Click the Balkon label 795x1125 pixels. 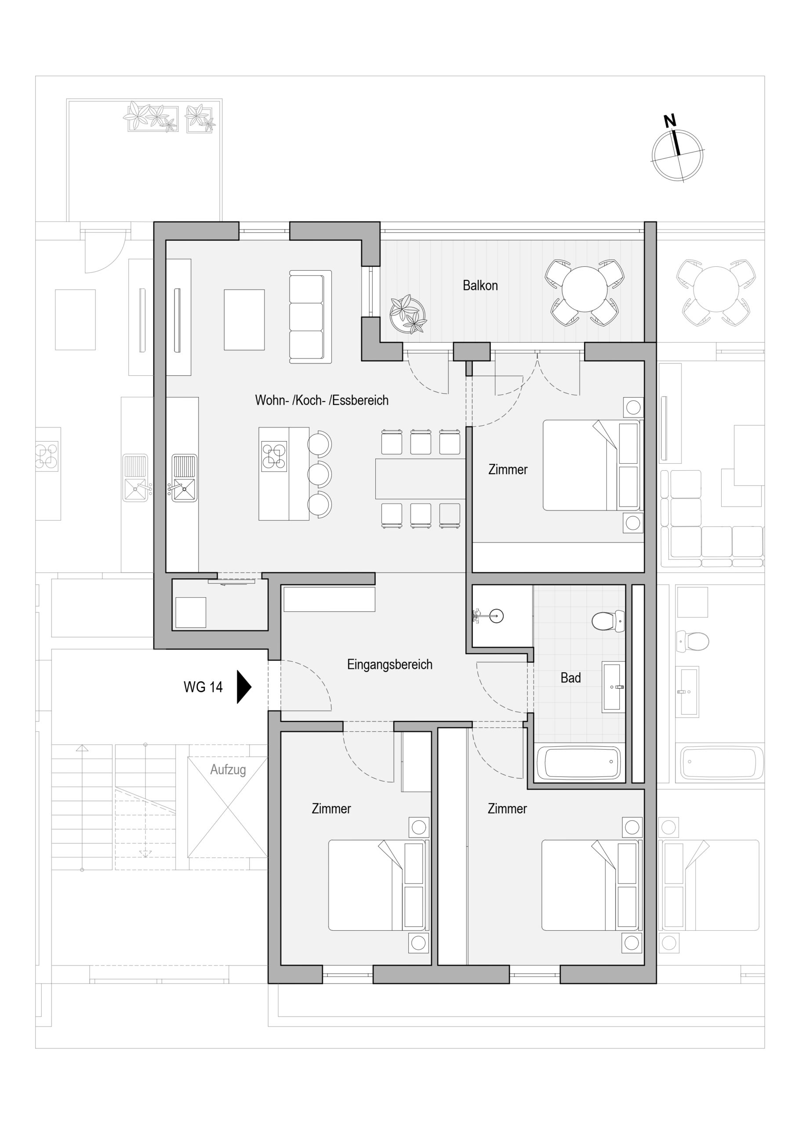480,285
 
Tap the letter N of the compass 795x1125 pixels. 669,120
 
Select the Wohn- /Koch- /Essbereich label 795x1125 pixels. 322,400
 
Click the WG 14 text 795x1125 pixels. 203,687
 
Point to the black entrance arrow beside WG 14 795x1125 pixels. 243,687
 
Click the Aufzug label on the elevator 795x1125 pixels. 228,770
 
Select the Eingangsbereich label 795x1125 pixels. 390,664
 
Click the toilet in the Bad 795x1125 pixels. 608,621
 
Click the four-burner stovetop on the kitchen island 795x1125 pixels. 274,457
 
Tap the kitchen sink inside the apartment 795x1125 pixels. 184,478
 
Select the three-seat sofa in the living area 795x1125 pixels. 310,316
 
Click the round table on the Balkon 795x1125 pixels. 584,289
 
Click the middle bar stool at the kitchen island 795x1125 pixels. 320,474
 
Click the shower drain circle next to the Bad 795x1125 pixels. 497,617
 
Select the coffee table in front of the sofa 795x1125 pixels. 244,319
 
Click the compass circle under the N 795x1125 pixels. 677,155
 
